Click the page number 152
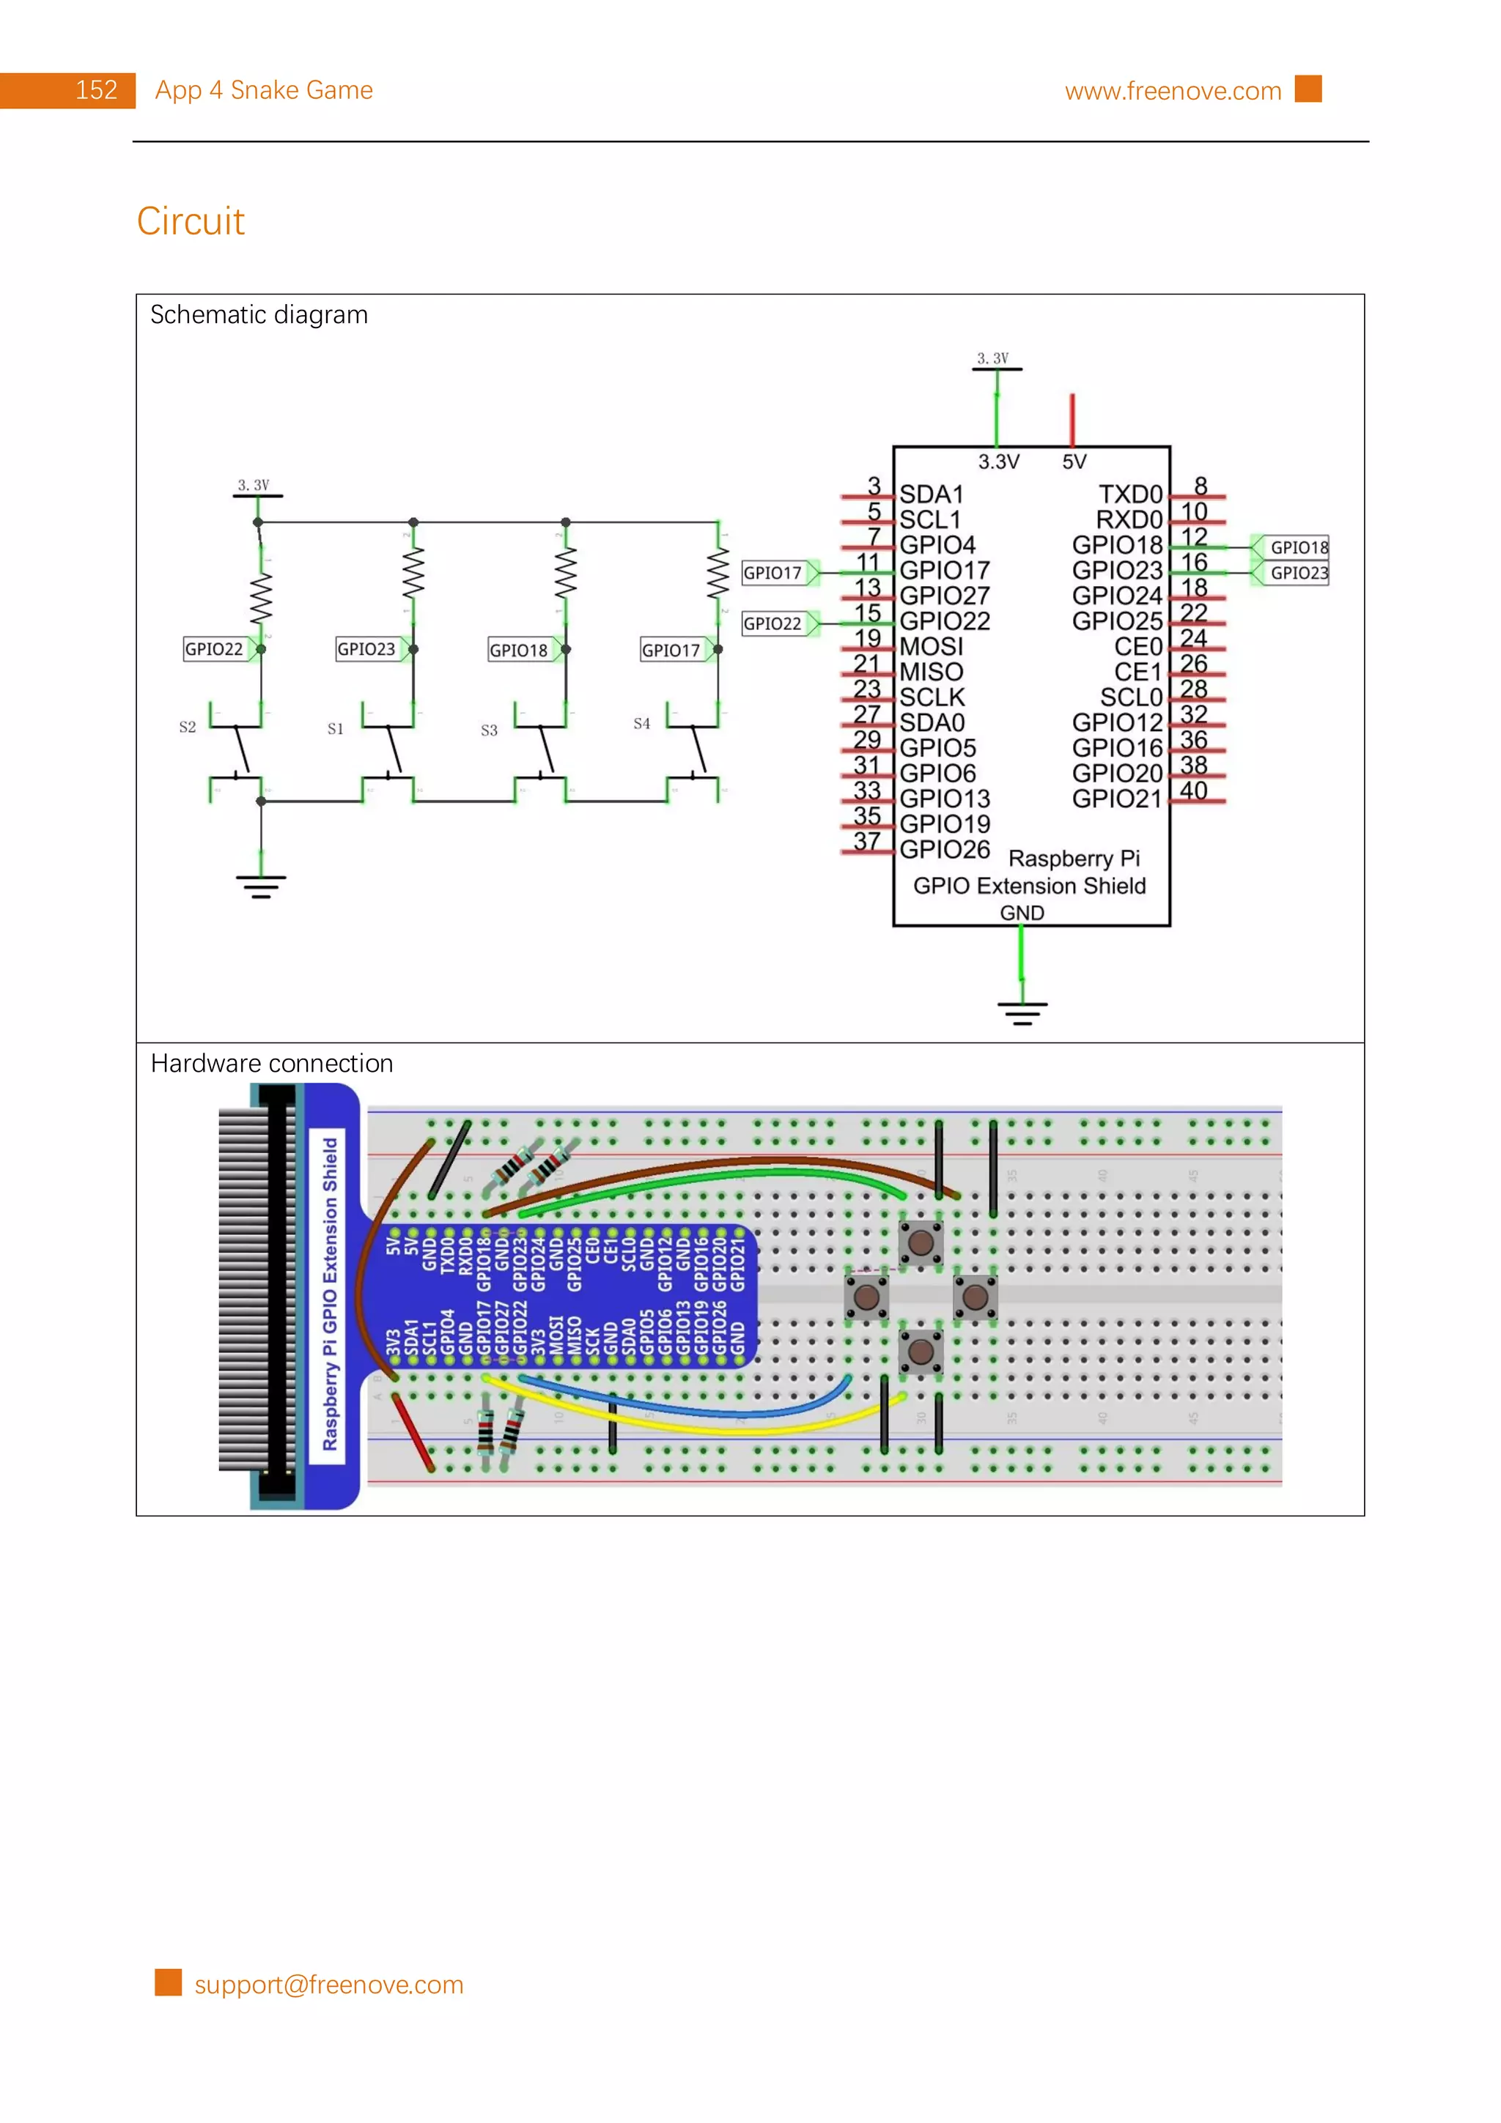tap(96, 91)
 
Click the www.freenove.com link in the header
tap(1172, 91)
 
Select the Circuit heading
tap(191, 221)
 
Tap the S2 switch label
tap(187, 727)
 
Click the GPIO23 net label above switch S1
tap(365, 649)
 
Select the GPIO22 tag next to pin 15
tap(772, 623)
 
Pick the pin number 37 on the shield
tap(866, 840)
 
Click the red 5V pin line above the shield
tap(1072, 419)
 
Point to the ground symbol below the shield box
tap(1022, 1012)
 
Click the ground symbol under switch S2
tap(261, 886)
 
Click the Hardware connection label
tap(271, 1064)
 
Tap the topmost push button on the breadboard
tap(921, 1242)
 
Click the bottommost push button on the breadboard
tap(921, 1352)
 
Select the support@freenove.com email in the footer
tap(328, 1985)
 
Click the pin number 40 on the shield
tap(1193, 790)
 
